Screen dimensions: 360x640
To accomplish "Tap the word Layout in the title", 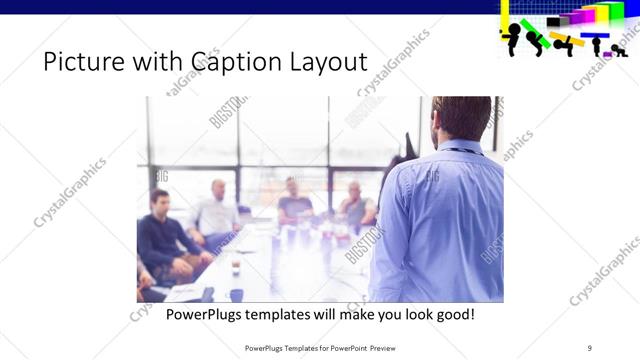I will click(321, 63).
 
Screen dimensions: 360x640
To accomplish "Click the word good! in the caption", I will click(452, 314).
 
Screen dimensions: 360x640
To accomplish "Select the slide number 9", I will click(590, 347).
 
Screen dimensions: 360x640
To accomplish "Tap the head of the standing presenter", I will click(461, 118).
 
